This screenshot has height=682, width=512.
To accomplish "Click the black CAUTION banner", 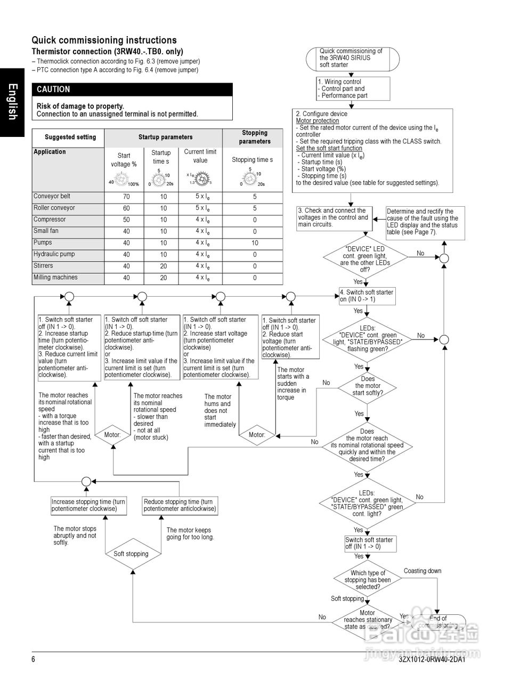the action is point(132,90).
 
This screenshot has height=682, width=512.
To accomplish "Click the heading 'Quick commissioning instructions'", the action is point(104,40).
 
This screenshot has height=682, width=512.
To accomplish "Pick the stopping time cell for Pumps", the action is point(255,243).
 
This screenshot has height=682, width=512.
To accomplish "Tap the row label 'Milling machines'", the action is point(55,278).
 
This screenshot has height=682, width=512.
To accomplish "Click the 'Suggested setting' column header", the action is point(70,137).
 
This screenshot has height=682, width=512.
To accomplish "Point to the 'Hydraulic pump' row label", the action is point(54,254).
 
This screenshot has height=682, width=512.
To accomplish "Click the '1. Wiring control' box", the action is point(353,89).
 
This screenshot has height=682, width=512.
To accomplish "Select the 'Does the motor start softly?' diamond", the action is point(367,386).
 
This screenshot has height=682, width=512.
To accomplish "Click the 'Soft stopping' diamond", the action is point(131,554).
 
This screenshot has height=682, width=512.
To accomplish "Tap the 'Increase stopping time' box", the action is point(88,505).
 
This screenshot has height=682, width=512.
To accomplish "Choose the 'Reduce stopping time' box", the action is point(180,505).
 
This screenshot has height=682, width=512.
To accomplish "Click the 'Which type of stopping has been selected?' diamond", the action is point(368,580).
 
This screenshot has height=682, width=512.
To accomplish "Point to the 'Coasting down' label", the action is point(422,571).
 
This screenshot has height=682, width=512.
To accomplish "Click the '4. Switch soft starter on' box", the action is point(368,296).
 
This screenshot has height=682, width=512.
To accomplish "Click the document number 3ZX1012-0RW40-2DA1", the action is point(432,660).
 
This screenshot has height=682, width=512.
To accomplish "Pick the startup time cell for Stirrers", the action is point(164,266).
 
